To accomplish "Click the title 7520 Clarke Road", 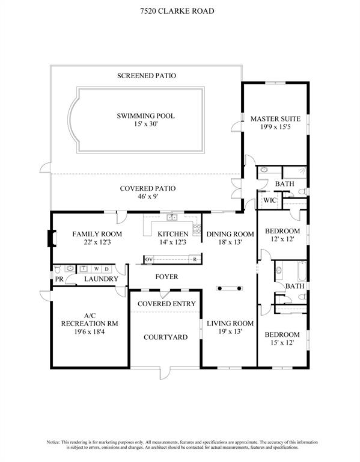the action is click(177, 11).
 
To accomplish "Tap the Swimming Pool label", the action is click(145, 115).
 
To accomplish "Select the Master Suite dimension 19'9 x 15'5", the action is click(275, 128).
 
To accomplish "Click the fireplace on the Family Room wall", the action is click(52, 238).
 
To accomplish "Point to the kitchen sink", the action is click(172, 217).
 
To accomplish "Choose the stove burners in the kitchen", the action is click(197, 229).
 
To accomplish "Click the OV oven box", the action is click(148, 260).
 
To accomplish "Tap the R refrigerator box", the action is click(195, 260).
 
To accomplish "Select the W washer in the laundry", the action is click(96, 269).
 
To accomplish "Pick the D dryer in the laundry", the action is click(107, 269).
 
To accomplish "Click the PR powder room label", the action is click(59, 279).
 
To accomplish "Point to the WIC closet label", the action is click(270, 200).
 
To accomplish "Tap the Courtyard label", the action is click(165, 337).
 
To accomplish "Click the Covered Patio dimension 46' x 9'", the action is click(148, 197).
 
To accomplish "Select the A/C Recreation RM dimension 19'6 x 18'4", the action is click(90, 332).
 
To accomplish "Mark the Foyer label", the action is click(166, 277).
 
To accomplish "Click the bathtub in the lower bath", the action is click(302, 271).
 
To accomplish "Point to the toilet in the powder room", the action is click(58, 269).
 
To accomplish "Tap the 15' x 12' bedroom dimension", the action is click(282, 343).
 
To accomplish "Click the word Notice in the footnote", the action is click(53, 442).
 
